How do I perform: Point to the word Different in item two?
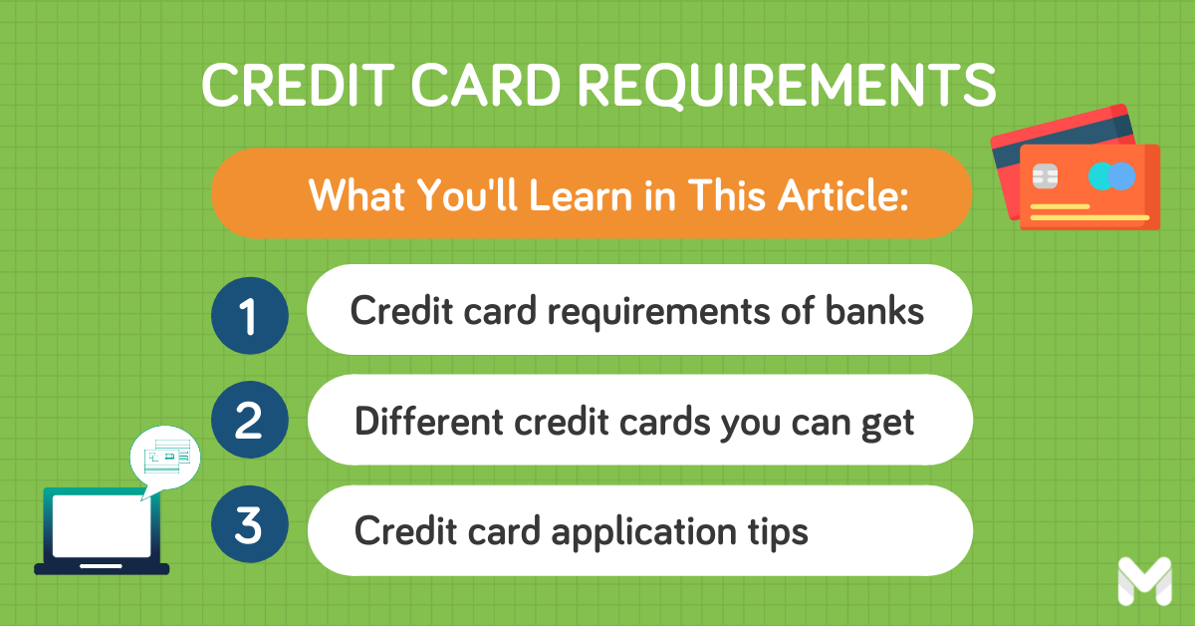coord(428,422)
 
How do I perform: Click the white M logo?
coord(1143,581)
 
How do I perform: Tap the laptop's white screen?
coord(102,525)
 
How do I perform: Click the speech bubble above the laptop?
coord(165,457)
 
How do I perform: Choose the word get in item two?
coord(889,424)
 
